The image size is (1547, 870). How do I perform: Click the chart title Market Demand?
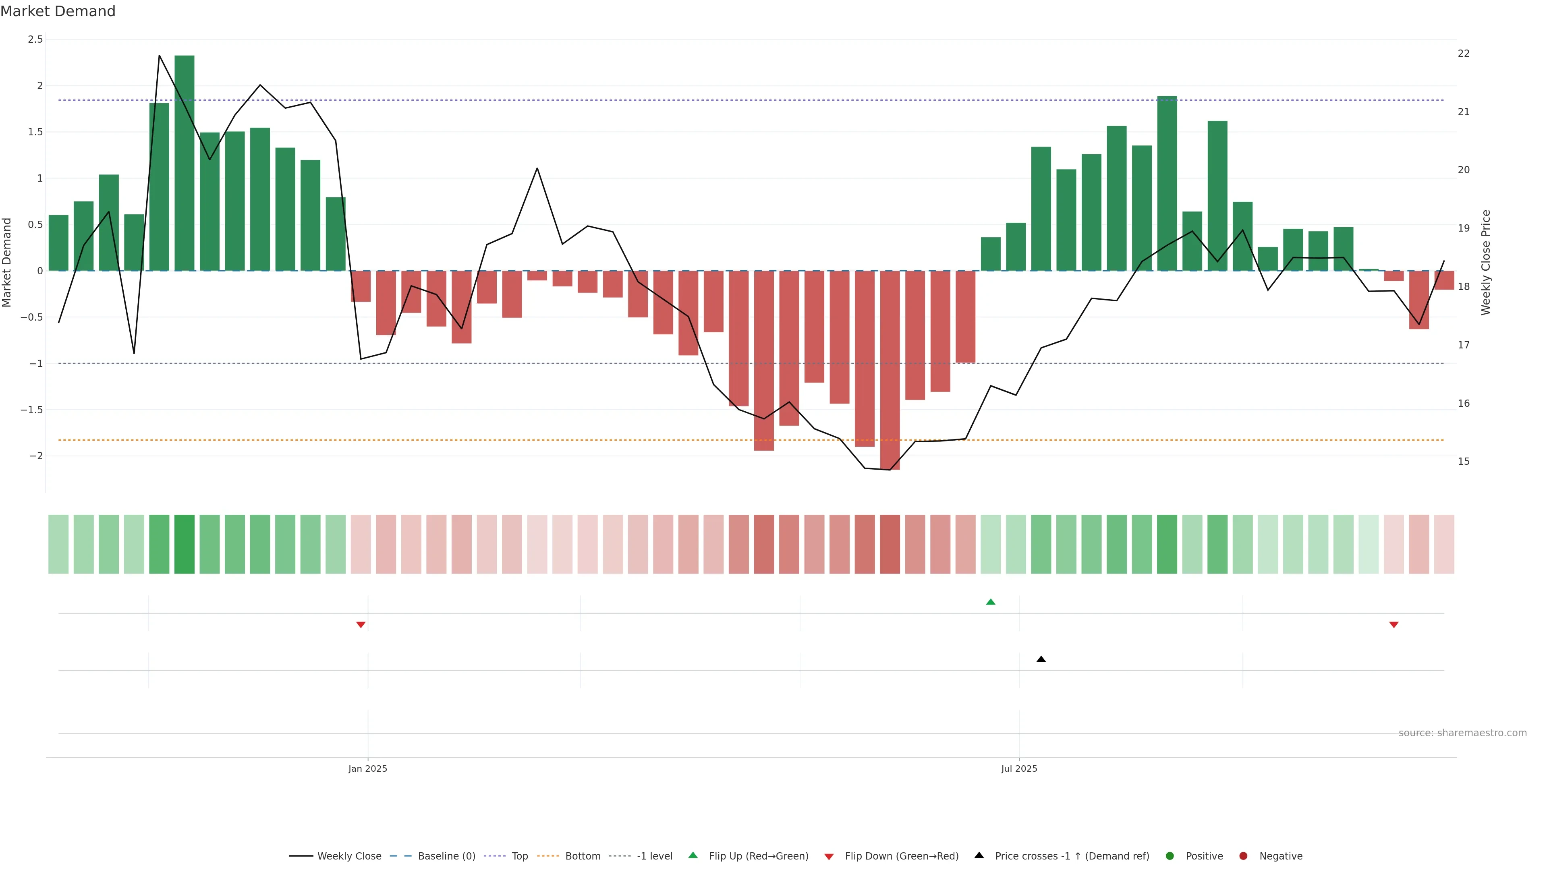tap(58, 11)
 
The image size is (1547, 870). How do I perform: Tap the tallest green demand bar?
tap(185, 162)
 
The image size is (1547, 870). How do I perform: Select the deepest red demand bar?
tap(890, 369)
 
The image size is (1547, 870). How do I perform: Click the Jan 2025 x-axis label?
tap(367, 768)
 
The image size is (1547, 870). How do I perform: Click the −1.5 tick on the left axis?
tap(31, 410)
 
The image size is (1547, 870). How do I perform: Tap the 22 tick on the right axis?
tap(1464, 54)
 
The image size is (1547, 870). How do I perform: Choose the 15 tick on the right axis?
tap(1464, 461)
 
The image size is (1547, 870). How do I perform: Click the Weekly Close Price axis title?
tap(1486, 262)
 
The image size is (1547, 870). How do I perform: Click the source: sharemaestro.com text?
tap(1462, 733)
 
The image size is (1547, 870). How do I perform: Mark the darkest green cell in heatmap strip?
tap(185, 544)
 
